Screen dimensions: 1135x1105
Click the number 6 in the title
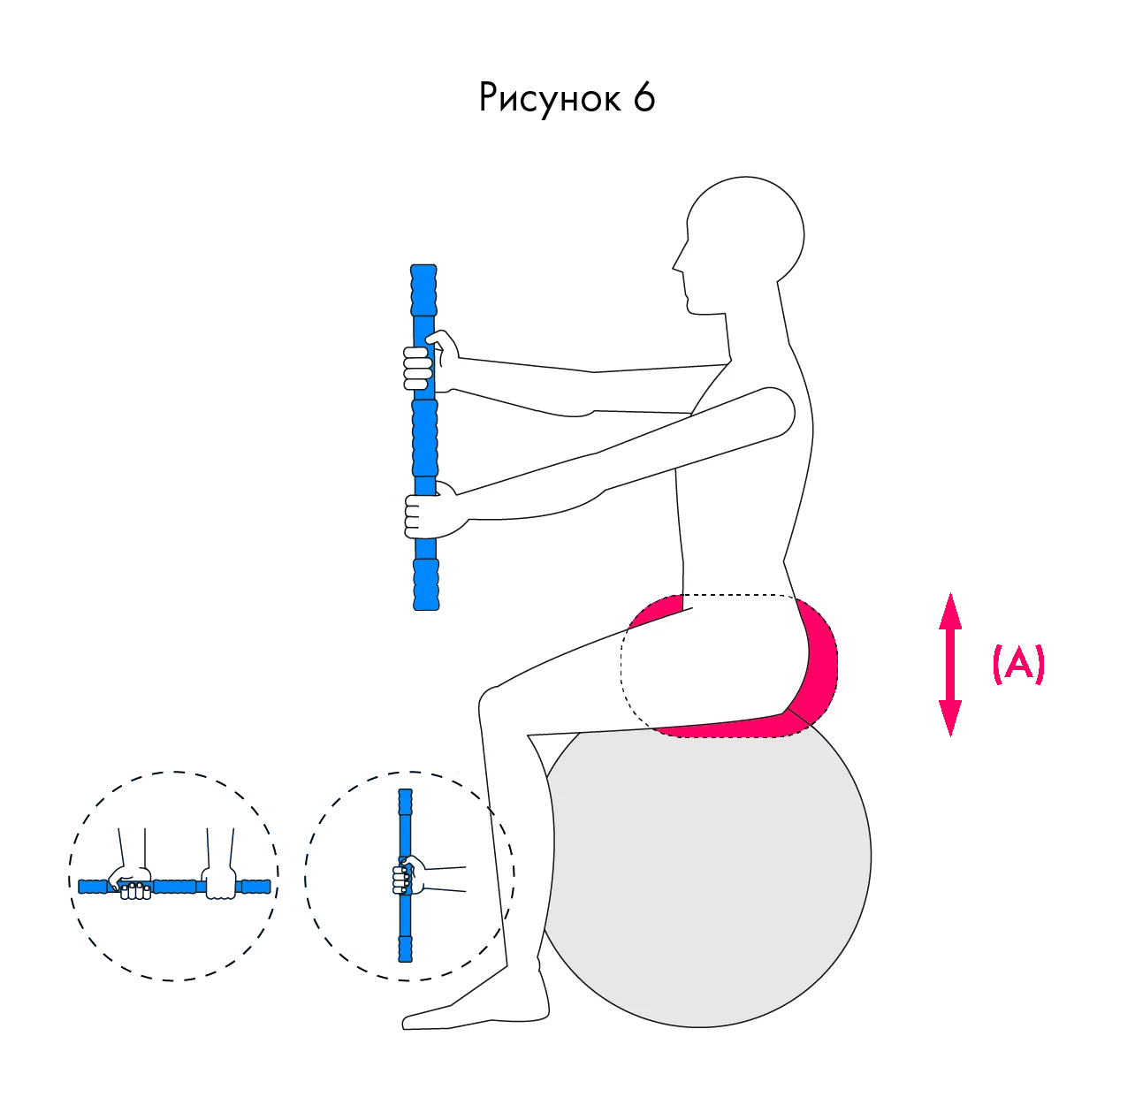click(x=644, y=96)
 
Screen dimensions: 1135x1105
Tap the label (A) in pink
click(x=1018, y=664)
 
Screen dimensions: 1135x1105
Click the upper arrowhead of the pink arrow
click(x=950, y=611)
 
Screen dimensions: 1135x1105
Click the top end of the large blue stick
click(x=423, y=267)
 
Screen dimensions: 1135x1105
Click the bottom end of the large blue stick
click(x=426, y=607)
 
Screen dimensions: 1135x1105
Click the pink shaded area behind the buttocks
click(x=817, y=671)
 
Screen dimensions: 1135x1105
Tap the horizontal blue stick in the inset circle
click(x=174, y=887)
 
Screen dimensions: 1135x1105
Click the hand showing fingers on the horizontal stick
click(x=131, y=882)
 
